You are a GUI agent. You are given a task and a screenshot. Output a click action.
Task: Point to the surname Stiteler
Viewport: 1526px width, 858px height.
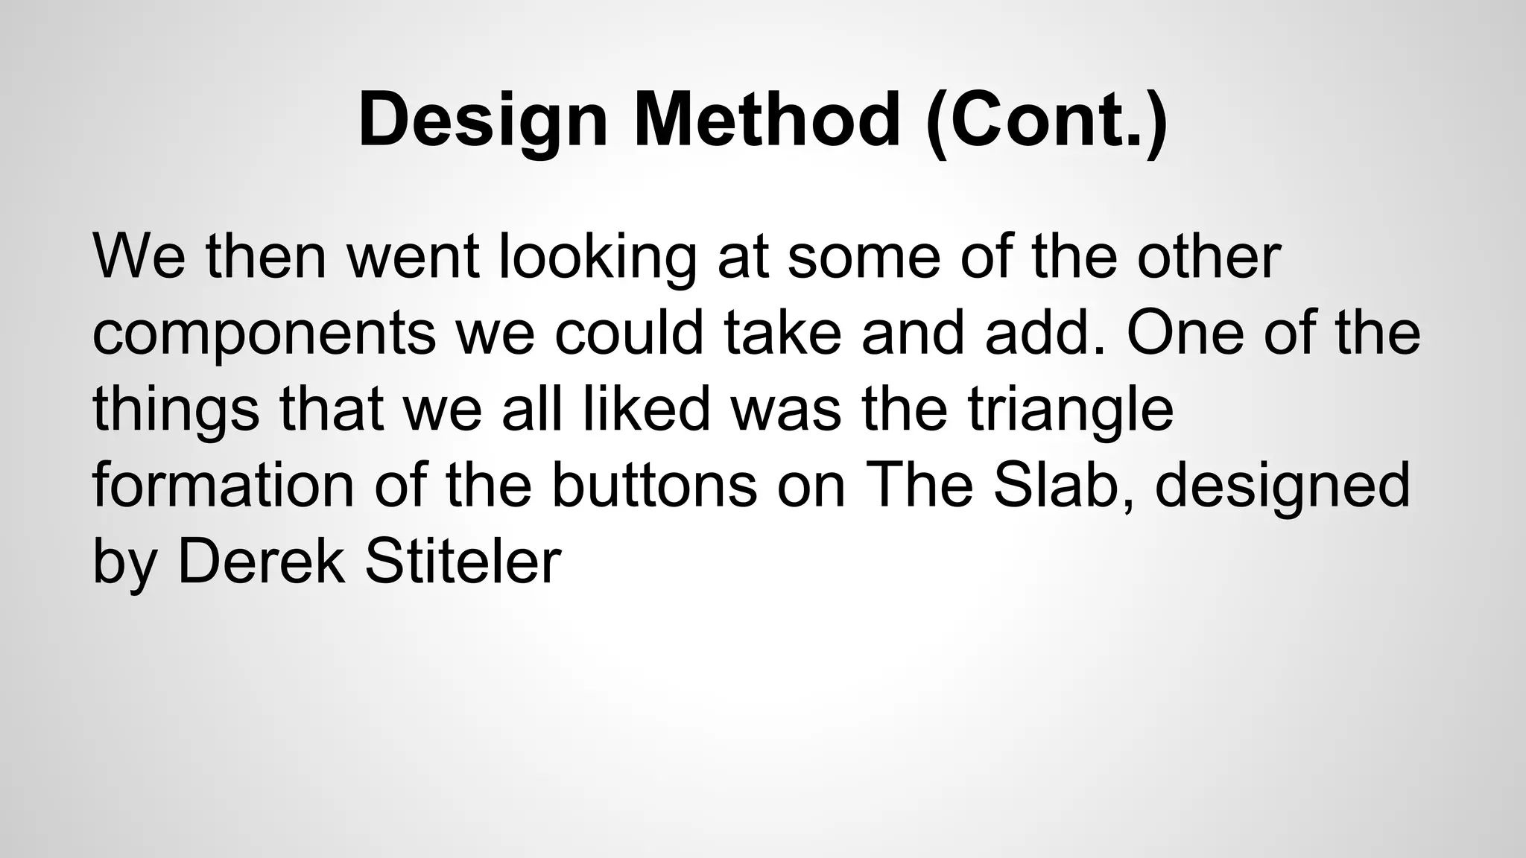click(462, 562)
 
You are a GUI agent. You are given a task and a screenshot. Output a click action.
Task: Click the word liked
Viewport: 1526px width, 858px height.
click(647, 410)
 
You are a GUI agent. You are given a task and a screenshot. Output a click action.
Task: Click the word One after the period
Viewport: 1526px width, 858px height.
click(1185, 334)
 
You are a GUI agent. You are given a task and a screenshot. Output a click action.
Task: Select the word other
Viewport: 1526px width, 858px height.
click(1208, 258)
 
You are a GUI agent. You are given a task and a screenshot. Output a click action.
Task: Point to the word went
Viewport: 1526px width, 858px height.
click(413, 258)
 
